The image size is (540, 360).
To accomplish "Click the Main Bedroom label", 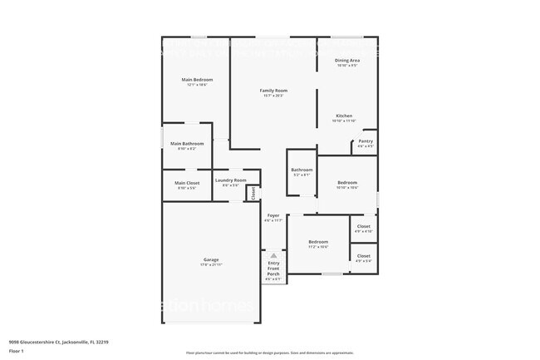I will click(x=198, y=80).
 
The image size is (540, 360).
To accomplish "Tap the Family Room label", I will click(x=272, y=90).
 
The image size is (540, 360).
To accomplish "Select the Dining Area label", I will click(x=346, y=60).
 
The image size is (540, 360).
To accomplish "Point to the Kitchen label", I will click(x=344, y=115).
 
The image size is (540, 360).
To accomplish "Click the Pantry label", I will click(x=366, y=141).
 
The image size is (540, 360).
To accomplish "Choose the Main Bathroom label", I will click(x=187, y=144).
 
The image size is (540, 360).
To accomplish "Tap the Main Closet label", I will click(x=187, y=183).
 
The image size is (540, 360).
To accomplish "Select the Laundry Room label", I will click(x=230, y=180).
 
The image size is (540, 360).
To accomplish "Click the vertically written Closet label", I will click(x=253, y=194).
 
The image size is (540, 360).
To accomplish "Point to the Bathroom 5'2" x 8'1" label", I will click(x=302, y=170).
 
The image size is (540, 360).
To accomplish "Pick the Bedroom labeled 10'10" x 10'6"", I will click(x=347, y=183).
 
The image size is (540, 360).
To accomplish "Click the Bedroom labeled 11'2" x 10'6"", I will click(x=318, y=242).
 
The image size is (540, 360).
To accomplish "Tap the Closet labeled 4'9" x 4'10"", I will click(x=363, y=226).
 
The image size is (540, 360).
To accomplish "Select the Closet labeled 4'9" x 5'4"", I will click(x=363, y=256).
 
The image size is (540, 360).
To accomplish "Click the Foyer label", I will click(x=272, y=215).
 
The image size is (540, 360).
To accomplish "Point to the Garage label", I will click(x=212, y=259).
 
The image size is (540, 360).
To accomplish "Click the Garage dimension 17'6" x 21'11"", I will click(x=212, y=265).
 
